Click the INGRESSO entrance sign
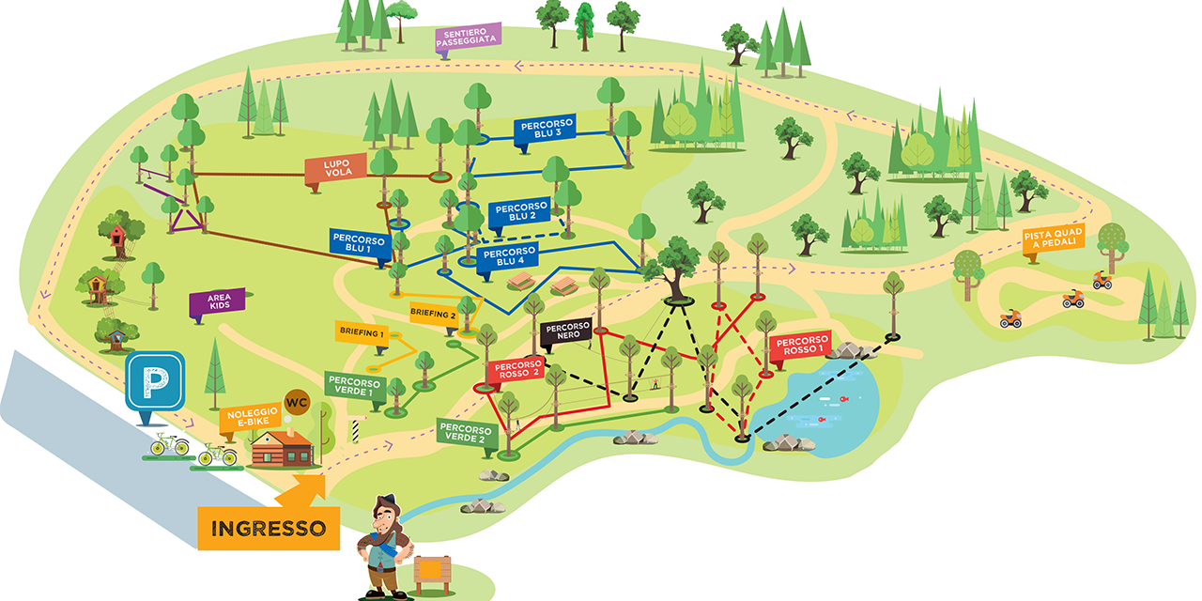click(x=268, y=528)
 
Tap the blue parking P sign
click(x=154, y=383)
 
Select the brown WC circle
click(x=297, y=403)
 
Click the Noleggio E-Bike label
click(x=251, y=420)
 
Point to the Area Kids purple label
click(x=218, y=302)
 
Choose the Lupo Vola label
click(x=335, y=171)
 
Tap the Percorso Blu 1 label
click(x=358, y=243)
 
